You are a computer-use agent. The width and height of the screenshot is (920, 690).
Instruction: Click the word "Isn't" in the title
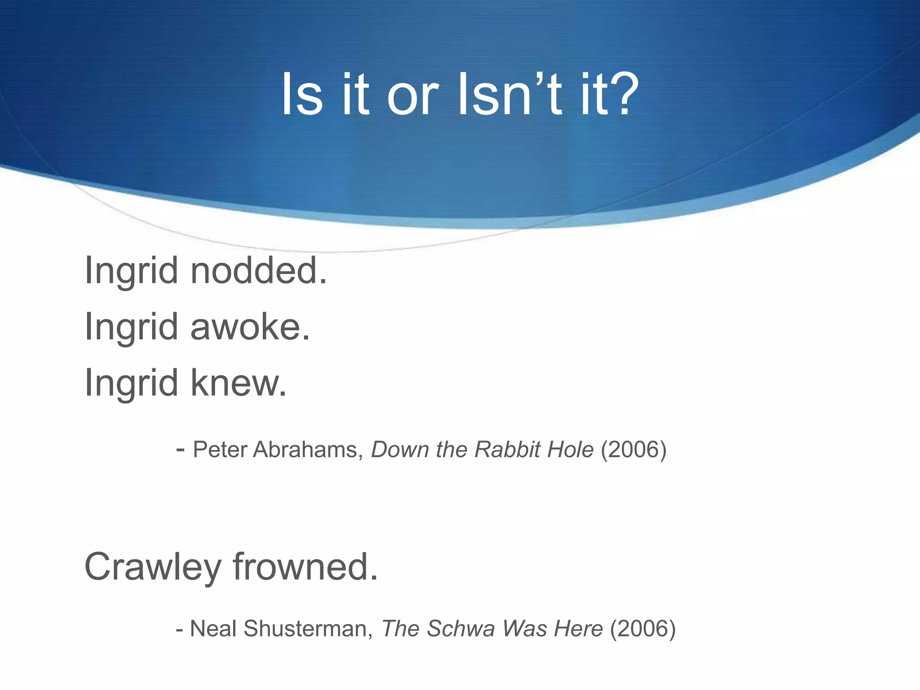(x=510, y=95)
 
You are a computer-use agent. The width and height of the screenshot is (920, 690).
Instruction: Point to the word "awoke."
(x=250, y=327)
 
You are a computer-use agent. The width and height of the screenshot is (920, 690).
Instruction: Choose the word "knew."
(x=239, y=383)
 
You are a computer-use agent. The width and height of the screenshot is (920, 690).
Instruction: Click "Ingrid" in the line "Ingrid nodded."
(x=131, y=272)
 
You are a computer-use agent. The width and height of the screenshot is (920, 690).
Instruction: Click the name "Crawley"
(x=152, y=568)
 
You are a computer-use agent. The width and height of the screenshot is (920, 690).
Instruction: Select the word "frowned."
(x=305, y=567)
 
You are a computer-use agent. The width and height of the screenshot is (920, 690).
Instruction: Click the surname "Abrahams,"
(x=308, y=450)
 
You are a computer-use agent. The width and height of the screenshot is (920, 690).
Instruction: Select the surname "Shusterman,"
(x=308, y=628)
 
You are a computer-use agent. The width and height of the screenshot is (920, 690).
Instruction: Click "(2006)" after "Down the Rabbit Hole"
(x=634, y=450)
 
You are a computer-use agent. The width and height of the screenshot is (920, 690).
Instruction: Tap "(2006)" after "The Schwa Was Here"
(x=643, y=628)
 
